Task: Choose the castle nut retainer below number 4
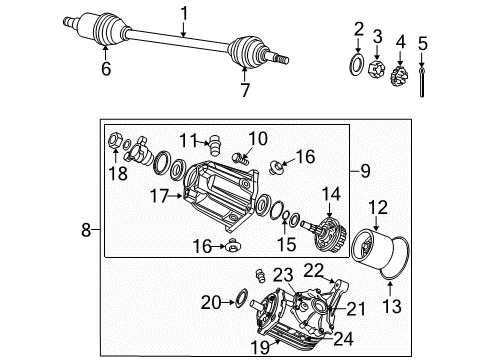coord(400,72)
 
